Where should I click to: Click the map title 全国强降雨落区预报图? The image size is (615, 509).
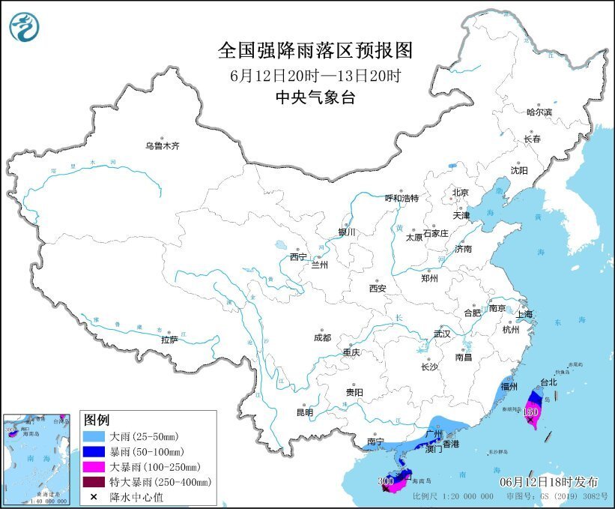[315, 51]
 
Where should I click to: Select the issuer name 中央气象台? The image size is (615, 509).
[315, 97]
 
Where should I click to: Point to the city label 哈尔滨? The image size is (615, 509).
[539, 112]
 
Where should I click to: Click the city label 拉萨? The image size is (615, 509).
[169, 340]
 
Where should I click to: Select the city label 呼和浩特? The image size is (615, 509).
[402, 198]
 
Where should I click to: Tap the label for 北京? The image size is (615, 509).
[460, 193]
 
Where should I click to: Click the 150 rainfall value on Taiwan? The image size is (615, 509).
[531, 412]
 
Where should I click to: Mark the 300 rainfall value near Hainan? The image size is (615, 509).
[387, 481]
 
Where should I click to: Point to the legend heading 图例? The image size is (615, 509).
[97, 418]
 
